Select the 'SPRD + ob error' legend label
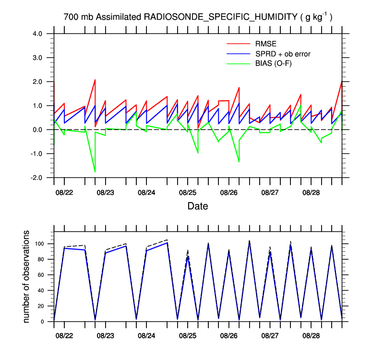[283, 54]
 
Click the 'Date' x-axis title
[198, 206]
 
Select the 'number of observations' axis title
[27, 276]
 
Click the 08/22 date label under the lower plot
[64, 333]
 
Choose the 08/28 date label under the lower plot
[311, 333]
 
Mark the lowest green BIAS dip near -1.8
[95, 171]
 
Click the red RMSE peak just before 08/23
[95, 80]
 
